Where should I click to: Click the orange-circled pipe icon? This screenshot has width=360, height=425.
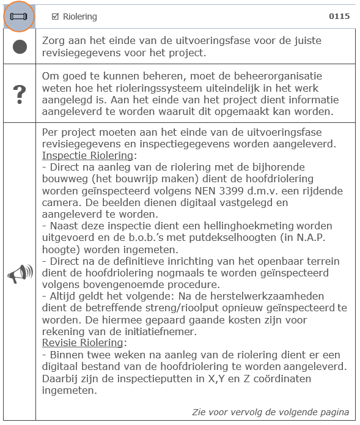point(19,17)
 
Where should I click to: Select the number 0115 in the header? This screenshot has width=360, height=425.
point(339,17)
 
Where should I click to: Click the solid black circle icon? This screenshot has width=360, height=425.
point(20,46)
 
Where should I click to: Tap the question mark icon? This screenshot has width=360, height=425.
point(20,94)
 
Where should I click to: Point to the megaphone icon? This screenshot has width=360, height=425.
point(20,274)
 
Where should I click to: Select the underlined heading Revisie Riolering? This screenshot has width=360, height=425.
point(83,342)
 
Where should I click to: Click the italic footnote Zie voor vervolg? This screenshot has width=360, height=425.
point(271,412)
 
